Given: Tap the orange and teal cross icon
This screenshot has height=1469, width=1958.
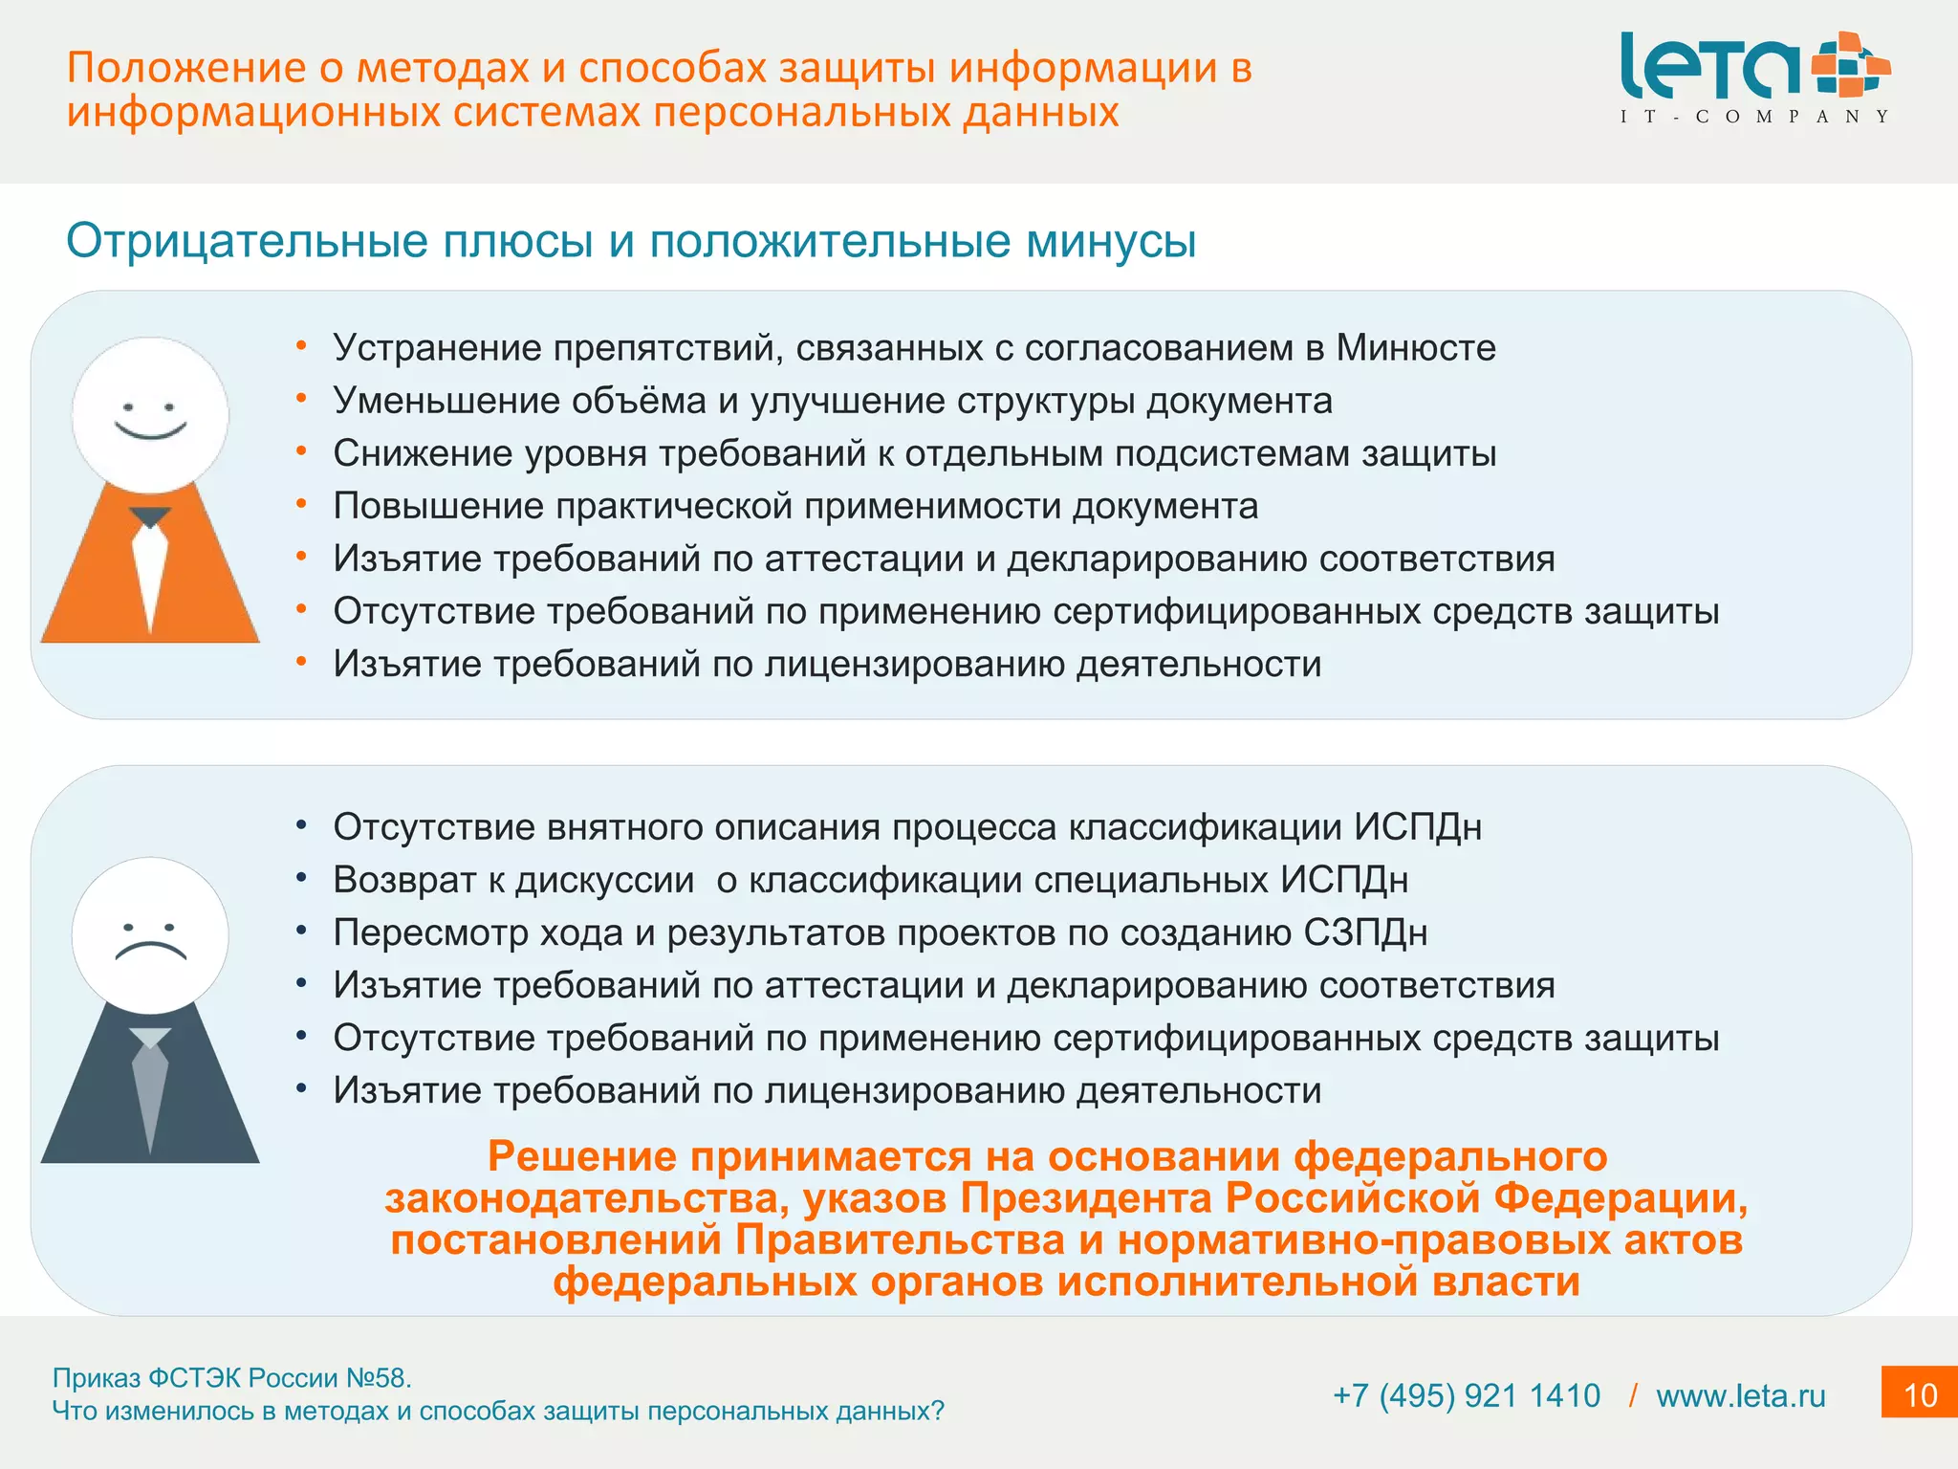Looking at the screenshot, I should [1851, 64].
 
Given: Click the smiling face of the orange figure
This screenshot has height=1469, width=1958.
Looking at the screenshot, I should [150, 414].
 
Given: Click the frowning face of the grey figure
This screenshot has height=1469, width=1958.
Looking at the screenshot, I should [150, 936].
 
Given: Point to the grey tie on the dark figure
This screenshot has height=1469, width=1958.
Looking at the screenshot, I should [150, 1090].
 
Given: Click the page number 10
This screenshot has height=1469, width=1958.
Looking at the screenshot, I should [1920, 1394].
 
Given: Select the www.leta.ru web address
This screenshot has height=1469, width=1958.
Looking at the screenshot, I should [1740, 1395].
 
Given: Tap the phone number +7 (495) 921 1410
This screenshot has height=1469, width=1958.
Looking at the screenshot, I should [1467, 1395].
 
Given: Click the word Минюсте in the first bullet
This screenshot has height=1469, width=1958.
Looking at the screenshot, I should [1415, 348].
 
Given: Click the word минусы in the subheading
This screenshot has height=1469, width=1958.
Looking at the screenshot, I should [1111, 241].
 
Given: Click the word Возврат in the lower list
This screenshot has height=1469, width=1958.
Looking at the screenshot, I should [404, 880].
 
